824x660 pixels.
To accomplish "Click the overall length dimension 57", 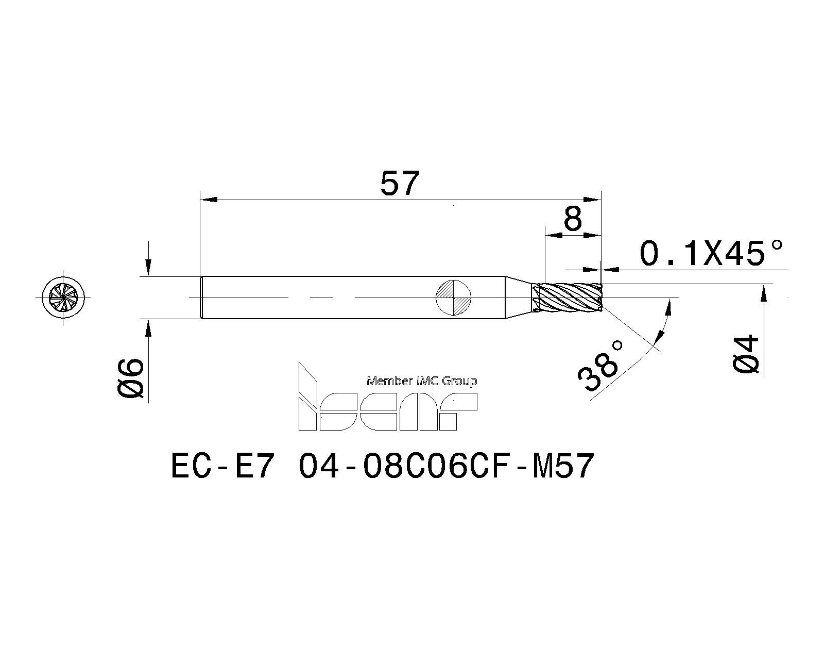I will [x=400, y=184].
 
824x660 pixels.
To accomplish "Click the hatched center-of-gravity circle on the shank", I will [x=453, y=298].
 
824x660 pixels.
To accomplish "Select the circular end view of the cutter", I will [x=63, y=298].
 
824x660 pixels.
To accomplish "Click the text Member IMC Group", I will [x=421, y=381].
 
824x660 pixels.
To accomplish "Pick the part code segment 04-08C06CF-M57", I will [x=446, y=467].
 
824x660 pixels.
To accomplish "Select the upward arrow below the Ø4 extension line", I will [x=764, y=296].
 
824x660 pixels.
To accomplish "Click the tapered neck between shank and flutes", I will [x=518, y=298].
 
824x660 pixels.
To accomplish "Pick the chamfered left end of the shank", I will [x=201, y=298].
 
